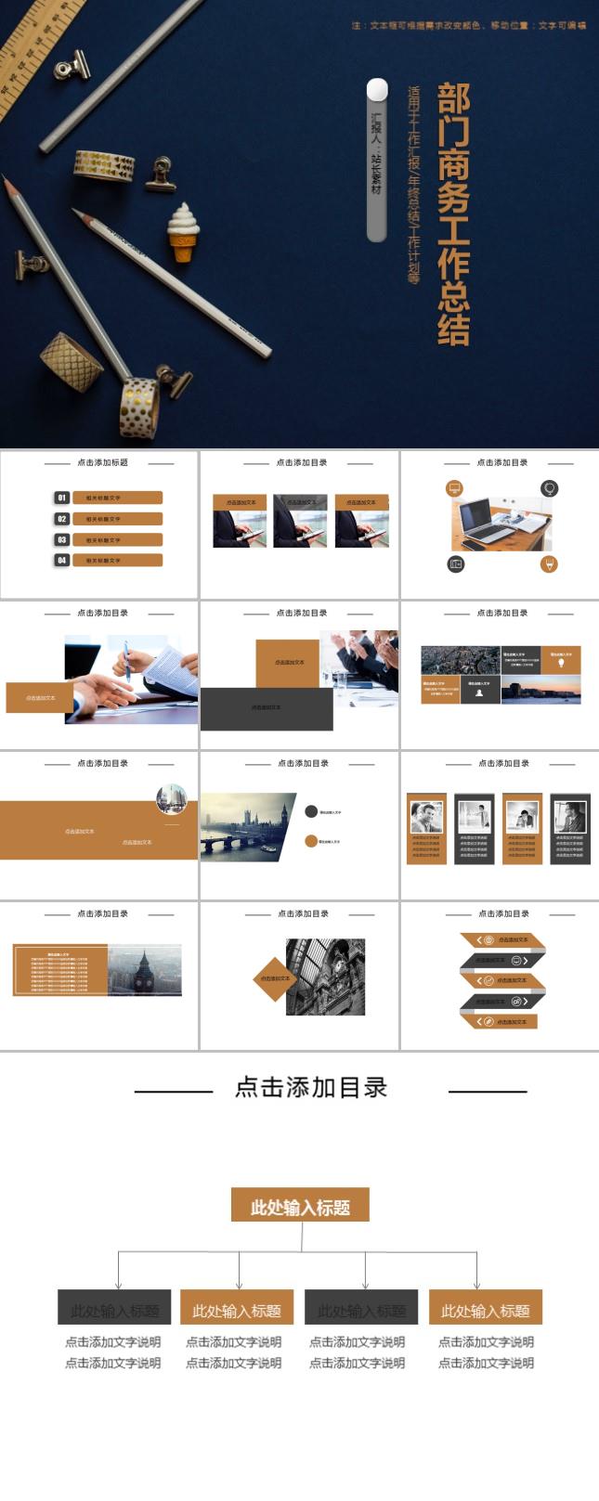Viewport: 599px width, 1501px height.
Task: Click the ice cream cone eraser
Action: pyautogui.click(x=184, y=231)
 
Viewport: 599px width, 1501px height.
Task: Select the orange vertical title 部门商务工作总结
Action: pyautogui.click(x=453, y=214)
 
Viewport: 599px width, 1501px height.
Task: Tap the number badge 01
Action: pyautogui.click(x=61, y=498)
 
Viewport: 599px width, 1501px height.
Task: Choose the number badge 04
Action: pyautogui.click(x=61, y=560)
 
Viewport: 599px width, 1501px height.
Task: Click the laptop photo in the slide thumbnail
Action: pyautogui.click(x=501, y=524)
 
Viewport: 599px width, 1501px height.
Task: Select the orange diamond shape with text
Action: pyautogui.click(x=274, y=978)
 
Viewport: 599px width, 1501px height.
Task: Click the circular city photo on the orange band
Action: pyautogui.click(x=171, y=799)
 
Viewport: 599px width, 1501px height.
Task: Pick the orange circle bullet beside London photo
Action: pyautogui.click(x=311, y=841)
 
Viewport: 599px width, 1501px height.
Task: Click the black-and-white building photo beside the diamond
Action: pyautogui.click(x=326, y=977)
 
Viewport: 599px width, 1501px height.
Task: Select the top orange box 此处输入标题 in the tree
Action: pyautogui.click(x=300, y=1207)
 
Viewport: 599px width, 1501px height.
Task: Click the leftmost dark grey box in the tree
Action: pyautogui.click(x=114, y=1308)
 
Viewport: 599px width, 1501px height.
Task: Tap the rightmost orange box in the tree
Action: pyautogui.click(x=485, y=1308)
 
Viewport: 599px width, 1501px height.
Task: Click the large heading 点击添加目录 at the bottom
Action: pyautogui.click(x=310, y=1088)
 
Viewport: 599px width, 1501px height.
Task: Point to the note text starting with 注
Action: pyautogui.click(x=468, y=26)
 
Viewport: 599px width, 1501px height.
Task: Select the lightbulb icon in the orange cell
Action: pyautogui.click(x=560, y=659)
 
